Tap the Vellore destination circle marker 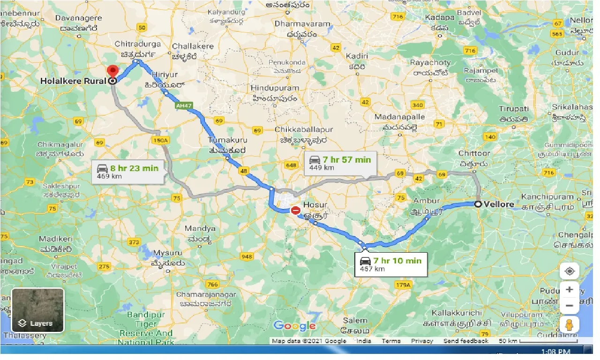478,204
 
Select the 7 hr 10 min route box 391,264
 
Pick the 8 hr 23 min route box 127,172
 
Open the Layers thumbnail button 37,310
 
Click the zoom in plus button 569,290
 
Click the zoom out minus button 569,306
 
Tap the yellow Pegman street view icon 569,324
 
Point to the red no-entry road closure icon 295,210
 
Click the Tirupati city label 514,109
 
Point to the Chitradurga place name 138,44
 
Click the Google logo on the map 294,326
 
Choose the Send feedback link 466,341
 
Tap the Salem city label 355,321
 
